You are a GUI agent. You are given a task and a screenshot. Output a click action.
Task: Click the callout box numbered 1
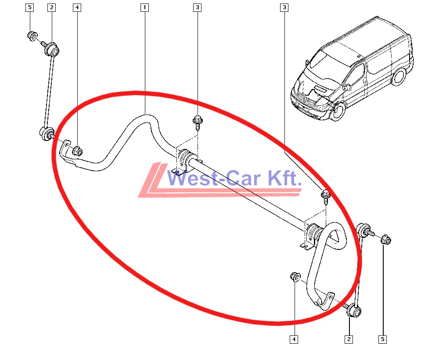pos(144,7)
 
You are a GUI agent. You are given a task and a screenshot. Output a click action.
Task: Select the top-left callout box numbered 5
pos(30,7)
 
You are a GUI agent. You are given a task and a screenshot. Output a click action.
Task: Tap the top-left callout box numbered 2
pos(51,7)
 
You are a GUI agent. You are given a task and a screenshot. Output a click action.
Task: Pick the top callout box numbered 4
pos(77,7)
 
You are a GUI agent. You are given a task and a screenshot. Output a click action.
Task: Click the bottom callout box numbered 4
pos(294,339)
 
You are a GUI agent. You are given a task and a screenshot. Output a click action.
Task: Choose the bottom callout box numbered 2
pos(349,339)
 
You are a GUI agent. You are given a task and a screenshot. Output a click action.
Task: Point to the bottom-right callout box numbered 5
pos(382,339)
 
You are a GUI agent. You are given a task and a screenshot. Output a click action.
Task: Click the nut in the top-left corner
pos(32,36)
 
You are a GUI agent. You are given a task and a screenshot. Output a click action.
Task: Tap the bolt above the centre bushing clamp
pos(198,123)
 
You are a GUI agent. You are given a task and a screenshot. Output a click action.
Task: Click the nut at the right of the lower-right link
pos(386,240)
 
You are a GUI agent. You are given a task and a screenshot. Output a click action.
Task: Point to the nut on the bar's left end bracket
pos(77,151)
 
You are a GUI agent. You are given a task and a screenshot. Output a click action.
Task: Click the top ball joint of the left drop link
pos(51,50)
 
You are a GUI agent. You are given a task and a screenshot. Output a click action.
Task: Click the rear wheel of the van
pos(398,76)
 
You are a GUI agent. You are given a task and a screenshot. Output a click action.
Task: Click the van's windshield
pos(328,65)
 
